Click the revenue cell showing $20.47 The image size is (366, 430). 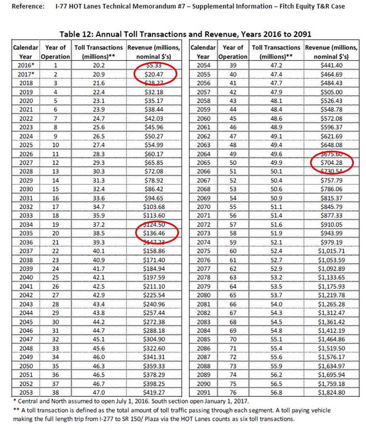156,73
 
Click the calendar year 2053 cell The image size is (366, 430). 26,393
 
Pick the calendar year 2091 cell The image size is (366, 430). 203,393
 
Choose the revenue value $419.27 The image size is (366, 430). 156,393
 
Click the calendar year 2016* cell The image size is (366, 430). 26,65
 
